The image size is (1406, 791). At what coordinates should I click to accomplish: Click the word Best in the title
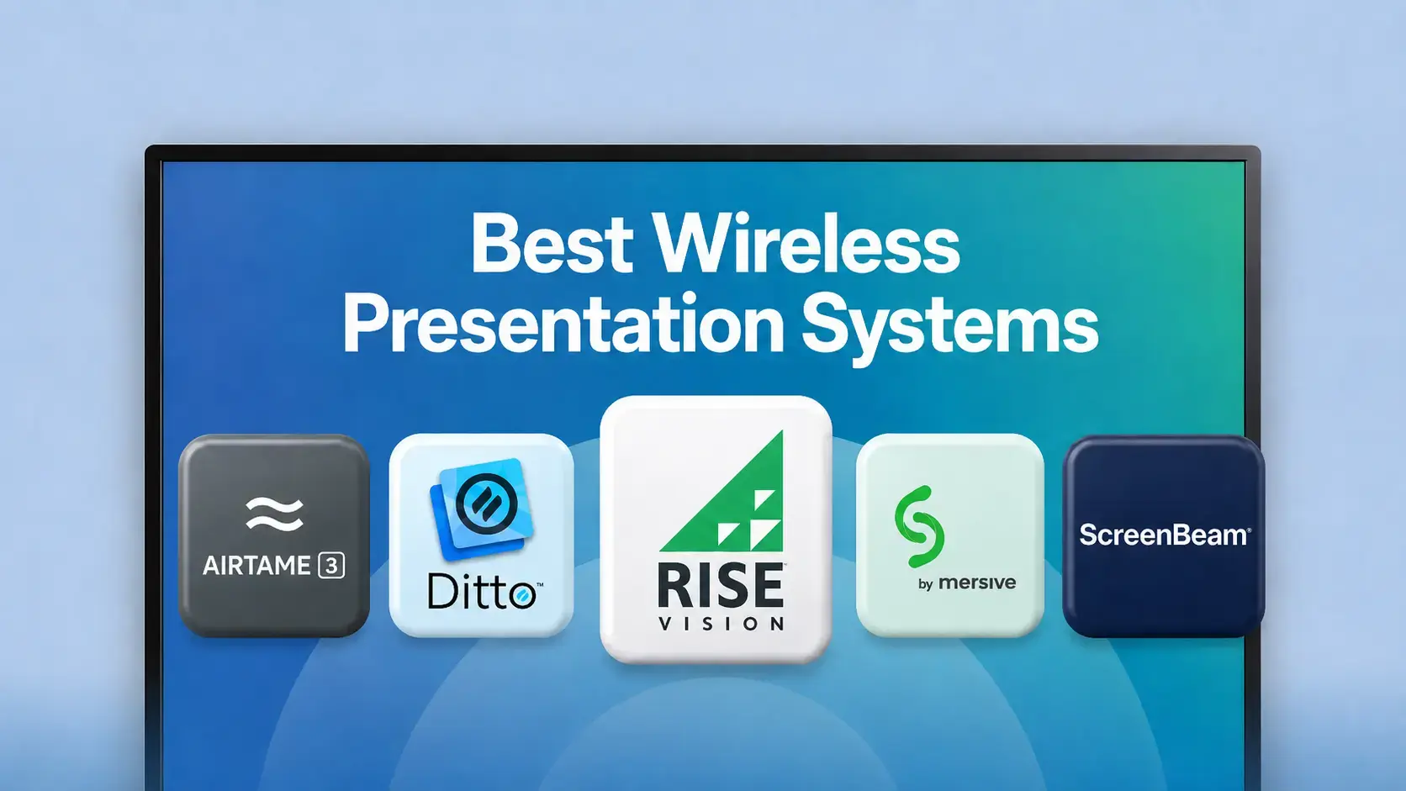click(552, 244)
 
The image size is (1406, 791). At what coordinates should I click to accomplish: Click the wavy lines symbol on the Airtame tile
click(274, 514)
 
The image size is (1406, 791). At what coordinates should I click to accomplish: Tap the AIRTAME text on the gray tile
click(256, 565)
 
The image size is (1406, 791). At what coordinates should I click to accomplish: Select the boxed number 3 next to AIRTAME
click(331, 565)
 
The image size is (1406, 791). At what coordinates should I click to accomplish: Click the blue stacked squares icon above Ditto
click(482, 508)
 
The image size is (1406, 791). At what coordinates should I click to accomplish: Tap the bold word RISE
click(721, 585)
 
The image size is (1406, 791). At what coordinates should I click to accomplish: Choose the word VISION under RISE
click(721, 623)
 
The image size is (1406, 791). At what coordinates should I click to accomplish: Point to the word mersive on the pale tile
click(977, 583)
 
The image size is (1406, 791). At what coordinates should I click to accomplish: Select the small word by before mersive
click(926, 584)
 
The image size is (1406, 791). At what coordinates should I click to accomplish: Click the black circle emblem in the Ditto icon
click(486, 504)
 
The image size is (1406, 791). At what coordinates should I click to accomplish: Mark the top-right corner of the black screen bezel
click(1259, 147)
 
